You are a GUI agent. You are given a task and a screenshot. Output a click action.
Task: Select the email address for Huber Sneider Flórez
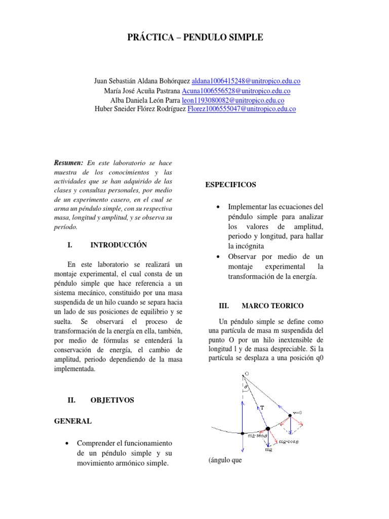[242, 109]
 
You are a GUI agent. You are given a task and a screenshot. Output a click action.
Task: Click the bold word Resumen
[68, 163]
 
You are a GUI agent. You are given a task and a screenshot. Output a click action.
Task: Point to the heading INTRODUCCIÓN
[119, 245]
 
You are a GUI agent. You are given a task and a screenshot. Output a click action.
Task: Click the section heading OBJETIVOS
[112, 400]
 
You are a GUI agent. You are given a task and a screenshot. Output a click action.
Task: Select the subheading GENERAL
[73, 421]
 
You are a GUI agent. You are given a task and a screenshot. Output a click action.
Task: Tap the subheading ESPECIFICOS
[230, 185]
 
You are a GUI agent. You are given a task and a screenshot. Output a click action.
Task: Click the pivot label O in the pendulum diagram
[247, 374]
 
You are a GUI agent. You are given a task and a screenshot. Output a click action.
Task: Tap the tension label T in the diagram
[261, 406]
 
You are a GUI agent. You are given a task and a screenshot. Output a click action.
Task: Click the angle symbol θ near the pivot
[246, 386]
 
